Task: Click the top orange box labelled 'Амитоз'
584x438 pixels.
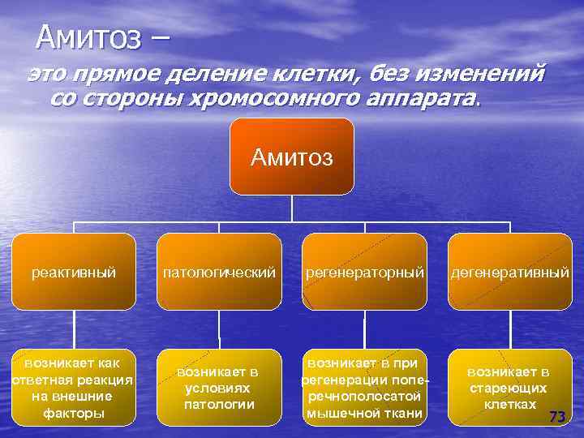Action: pos(292,157)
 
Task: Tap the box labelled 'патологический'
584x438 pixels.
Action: pos(219,272)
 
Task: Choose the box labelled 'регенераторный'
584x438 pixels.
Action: pos(365,272)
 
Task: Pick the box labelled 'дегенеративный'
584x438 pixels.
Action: pos(511,272)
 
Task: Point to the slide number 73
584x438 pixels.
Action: pos(556,416)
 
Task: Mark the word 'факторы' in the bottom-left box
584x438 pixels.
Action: pos(73,413)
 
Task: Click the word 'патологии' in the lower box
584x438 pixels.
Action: pos(219,404)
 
